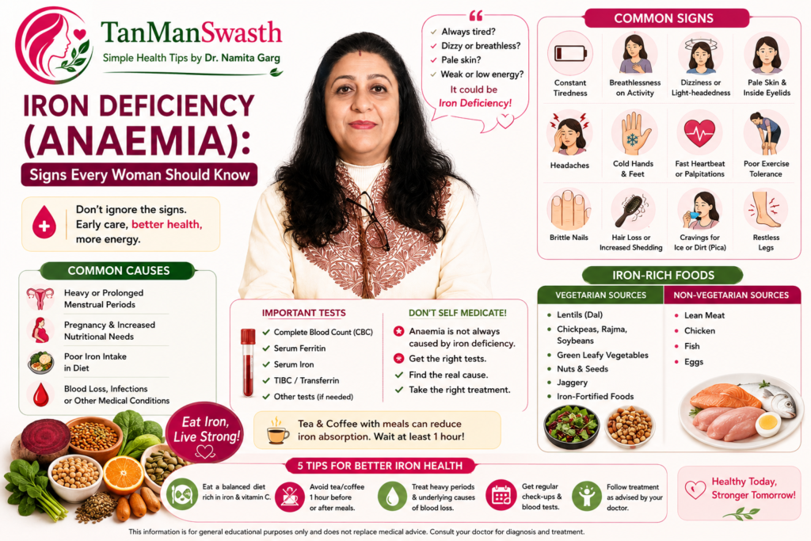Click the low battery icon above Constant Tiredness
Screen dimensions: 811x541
pyautogui.click(x=570, y=53)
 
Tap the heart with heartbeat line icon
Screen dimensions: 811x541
pyautogui.click(x=699, y=132)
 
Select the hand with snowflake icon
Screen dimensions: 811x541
pyautogui.click(x=633, y=133)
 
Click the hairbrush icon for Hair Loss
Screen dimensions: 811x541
pyautogui.click(x=633, y=209)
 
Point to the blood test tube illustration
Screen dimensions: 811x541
pyautogui.click(x=248, y=362)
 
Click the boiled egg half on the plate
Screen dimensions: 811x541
pyautogui.click(x=768, y=425)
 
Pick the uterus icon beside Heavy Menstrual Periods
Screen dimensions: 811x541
pyautogui.click(x=40, y=297)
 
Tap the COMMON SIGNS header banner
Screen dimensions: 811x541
pyautogui.click(x=666, y=18)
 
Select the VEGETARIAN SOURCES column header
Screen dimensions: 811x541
pyautogui.click(x=600, y=295)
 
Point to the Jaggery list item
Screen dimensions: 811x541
pyautogui.click(x=572, y=383)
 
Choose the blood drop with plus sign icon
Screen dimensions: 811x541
pyautogui.click(x=44, y=223)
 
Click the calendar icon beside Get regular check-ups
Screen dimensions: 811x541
pyautogui.click(x=501, y=495)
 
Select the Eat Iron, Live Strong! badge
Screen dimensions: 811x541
pyautogui.click(x=205, y=432)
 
